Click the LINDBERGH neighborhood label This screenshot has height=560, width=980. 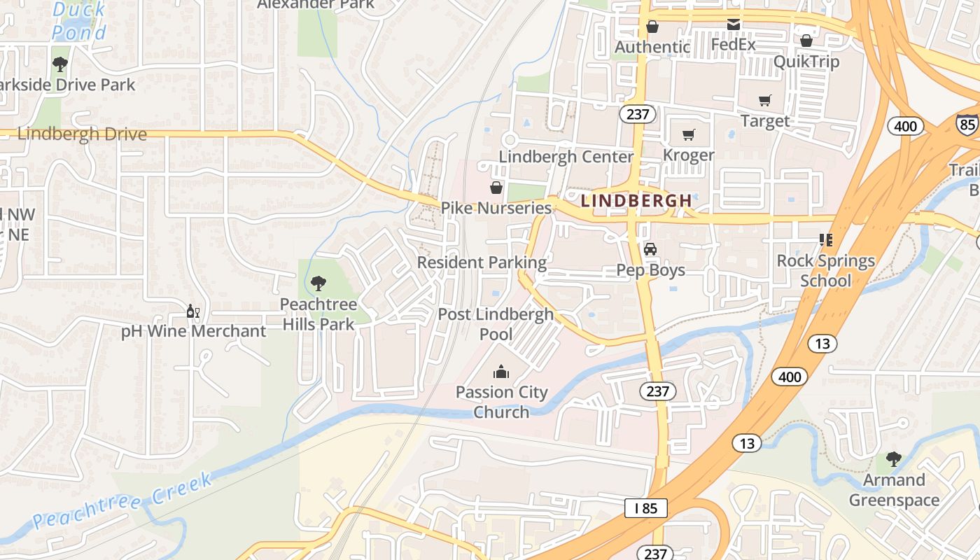click(x=636, y=200)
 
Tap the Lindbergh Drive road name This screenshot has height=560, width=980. click(x=82, y=134)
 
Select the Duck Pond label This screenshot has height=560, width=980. click(x=79, y=20)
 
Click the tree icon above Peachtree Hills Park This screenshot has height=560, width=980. click(x=318, y=283)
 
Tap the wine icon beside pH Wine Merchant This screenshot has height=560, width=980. click(x=192, y=310)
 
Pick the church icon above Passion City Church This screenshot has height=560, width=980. click(x=501, y=371)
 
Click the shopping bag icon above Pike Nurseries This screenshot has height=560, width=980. click(x=496, y=187)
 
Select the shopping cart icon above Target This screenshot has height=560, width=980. click(x=764, y=100)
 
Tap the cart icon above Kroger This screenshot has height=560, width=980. click(x=689, y=134)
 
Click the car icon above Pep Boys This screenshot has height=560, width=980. click(x=650, y=248)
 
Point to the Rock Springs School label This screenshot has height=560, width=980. click(x=826, y=270)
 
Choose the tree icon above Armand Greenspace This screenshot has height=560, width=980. click(x=893, y=459)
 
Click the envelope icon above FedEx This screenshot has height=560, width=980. click(x=733, y=24)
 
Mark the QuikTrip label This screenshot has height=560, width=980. click(x=806, y=62)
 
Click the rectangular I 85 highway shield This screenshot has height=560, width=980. click(x=645, y=508)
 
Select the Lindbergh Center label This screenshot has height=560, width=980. click(x=566, y=156)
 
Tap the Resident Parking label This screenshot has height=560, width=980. click(x=482, y=262)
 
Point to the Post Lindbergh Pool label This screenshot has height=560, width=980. click(x=496, y=324)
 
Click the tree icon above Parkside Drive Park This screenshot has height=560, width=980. click(x=60, y=64)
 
